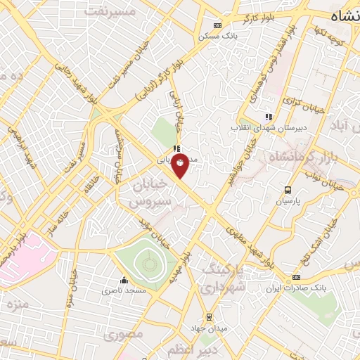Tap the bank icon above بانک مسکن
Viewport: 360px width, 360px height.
(x=217, y=25)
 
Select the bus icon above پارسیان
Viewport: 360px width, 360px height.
(x=288, y=190)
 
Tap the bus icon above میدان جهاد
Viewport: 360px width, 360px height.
(x=208, y=316)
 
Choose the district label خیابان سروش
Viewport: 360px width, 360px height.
(x=149, y=191)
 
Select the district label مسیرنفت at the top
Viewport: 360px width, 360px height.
(x=109, y=11)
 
